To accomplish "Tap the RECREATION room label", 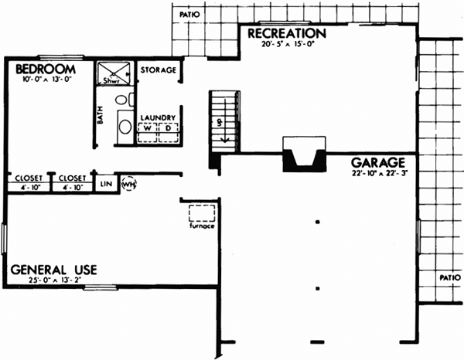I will pos(286,34).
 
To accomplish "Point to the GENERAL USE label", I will pos(53,270).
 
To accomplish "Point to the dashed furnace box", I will pos(202,214).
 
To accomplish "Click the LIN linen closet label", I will pos(106,185).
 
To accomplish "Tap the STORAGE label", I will pos(159,70).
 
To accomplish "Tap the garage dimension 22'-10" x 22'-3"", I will pos(378,176).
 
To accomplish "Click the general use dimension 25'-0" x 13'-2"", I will pos(52,281).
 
